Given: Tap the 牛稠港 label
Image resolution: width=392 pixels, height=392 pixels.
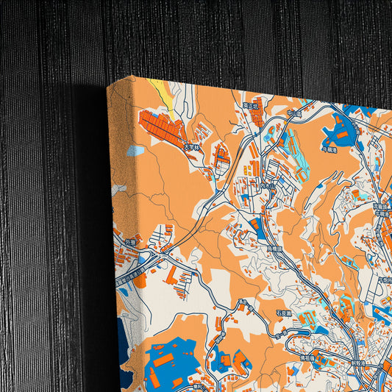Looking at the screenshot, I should pyautogui.click(x=329, y=149).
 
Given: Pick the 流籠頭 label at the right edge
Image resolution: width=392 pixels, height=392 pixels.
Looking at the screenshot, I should pyautogui.click(x=385, y=281).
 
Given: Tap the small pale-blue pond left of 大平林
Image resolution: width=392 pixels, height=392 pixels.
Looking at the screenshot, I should pyautogui.click(x=135, y=151).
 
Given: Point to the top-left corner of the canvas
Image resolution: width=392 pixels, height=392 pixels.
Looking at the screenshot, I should pyautogui.click(x=109, y=86).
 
